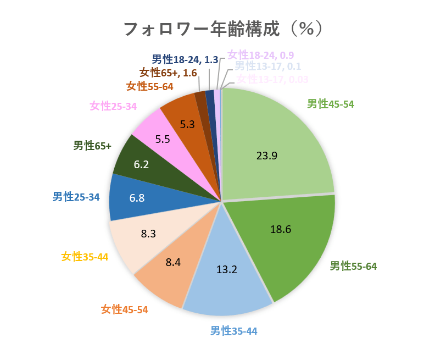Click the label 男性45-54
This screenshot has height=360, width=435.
pyautogui.click(x=330, y=104)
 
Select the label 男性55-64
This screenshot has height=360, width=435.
pyautogui.click(x=353, y=267)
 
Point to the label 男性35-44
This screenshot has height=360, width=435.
pyautogui.click(x=233, y=331)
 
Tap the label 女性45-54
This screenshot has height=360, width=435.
pyautogui.click(x=125, y=309)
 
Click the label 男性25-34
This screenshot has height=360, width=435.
pyautogui.click(x=76, y=196)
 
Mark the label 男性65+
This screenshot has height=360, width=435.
pyautogui.click(x=92, y=146)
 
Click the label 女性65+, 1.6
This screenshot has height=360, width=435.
pyautogui.click(x=168, y=72)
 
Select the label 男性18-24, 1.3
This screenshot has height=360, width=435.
pyautogui.click(x=185, y=59)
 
